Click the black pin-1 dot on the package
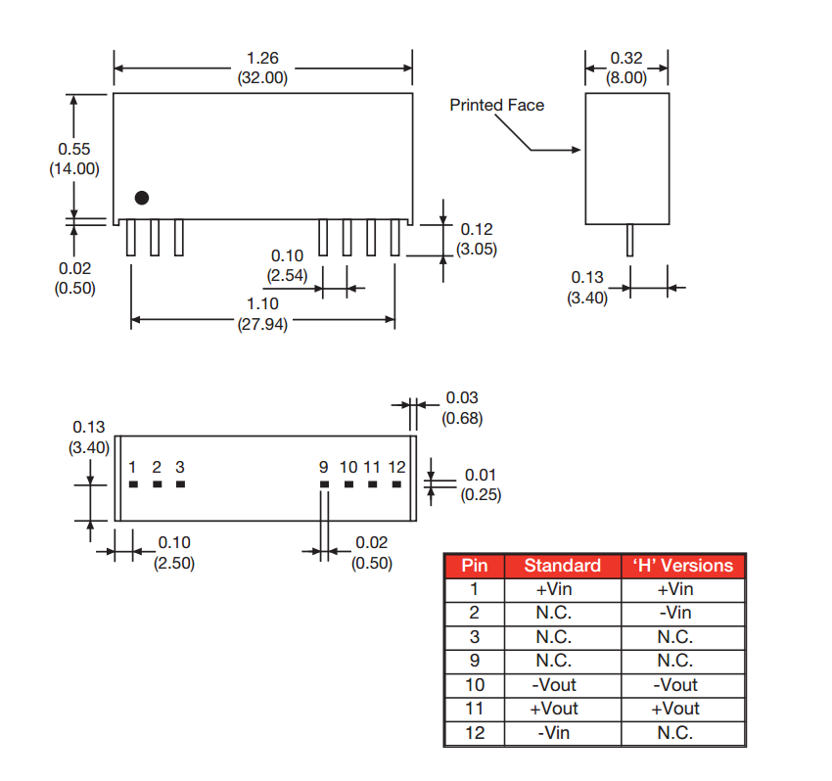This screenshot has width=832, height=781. (x=142, y=198)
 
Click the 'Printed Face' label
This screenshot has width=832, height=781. (x=496, y=105)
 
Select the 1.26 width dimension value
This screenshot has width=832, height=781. (x=262, y=60)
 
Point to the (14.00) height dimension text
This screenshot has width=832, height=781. (x=73, y=168)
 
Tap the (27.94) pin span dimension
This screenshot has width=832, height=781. (x=262, y=325)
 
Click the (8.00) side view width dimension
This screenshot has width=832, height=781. (x=626, y=77)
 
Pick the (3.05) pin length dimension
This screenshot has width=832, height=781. (x=477, y=250)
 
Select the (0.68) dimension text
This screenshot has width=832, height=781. (x=462, y=419)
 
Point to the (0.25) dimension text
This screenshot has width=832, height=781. (x=481, y=494)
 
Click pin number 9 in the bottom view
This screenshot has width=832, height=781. (x=324, y=467)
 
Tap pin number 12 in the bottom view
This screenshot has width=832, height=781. (x=396, y=467)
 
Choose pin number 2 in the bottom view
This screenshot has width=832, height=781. (x=157, y=467)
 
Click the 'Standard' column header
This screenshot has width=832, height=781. (x=562, y=566)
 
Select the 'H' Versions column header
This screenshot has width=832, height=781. (x=682, y=566)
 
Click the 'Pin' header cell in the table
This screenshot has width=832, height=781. (x=474, y=566)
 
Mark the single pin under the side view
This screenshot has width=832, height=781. (x=630, y=240)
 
